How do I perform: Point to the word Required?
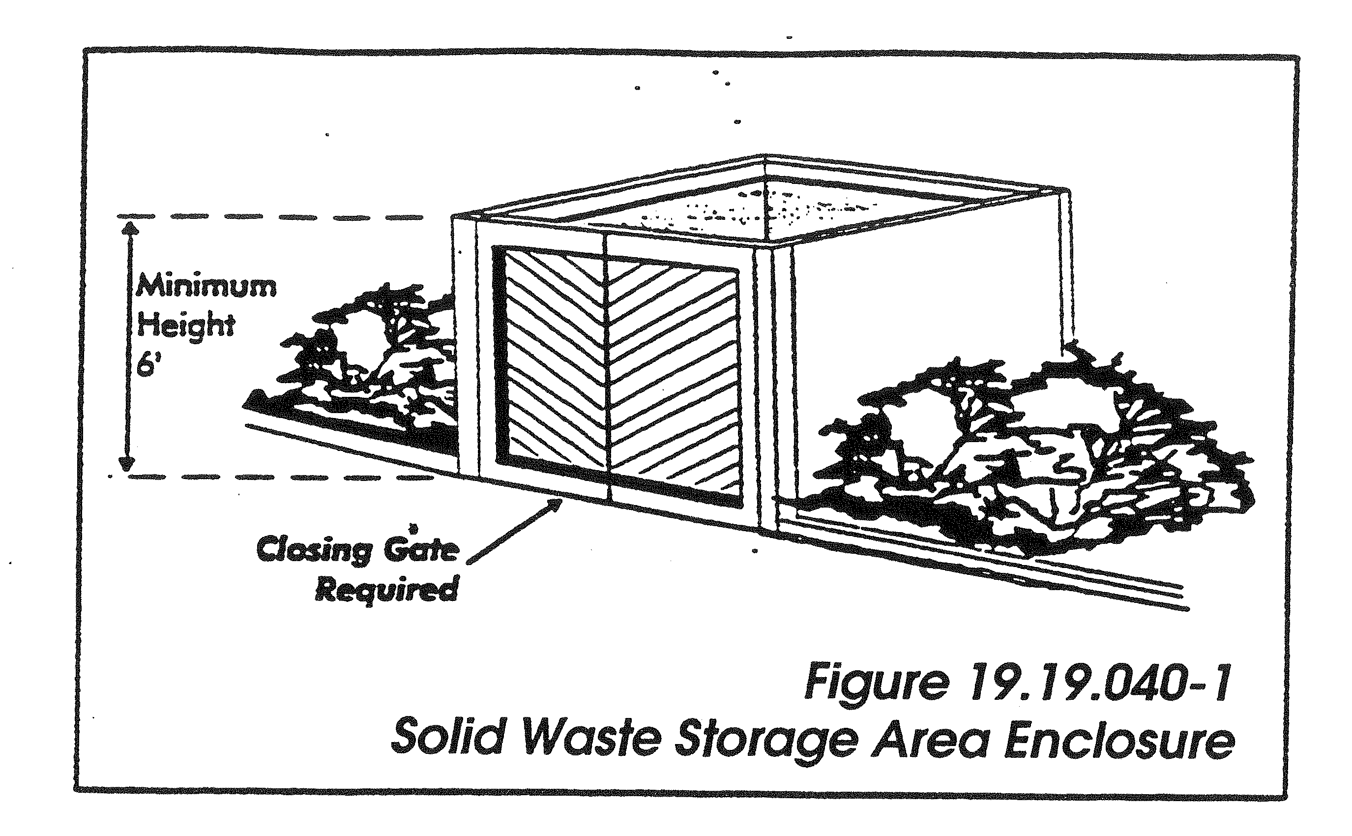386,591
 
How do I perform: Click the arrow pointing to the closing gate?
514,530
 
